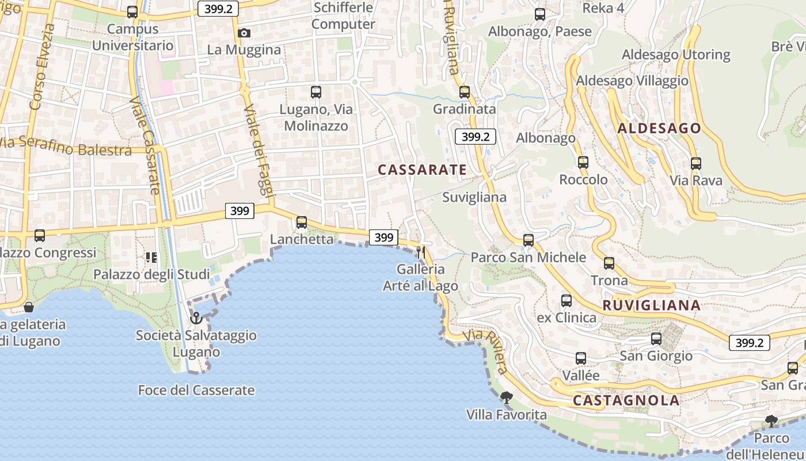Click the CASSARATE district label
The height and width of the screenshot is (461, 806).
tap(422, 169)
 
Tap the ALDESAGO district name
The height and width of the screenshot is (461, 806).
tap(659, 129)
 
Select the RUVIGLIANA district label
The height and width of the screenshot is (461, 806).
tap(651, 305)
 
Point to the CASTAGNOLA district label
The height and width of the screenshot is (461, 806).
tap(626, 400)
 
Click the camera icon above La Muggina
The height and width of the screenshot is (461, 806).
tap(244, 33)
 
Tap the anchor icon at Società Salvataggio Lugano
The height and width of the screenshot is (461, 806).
tap(196, 318)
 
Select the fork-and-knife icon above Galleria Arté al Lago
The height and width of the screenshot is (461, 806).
tap(421, 252)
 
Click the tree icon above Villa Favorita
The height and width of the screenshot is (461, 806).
tap(506, 397)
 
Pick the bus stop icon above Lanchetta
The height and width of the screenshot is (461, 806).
tap(301, 222)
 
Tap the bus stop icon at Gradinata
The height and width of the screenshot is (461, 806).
tap(465, 92)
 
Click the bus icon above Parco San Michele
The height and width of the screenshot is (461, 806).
tap(529, 240)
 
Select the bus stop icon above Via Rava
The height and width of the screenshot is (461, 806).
tap(696, 163)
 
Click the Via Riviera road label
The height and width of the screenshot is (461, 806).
tap(489, 352)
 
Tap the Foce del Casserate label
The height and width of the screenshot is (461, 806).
tap(196, 390)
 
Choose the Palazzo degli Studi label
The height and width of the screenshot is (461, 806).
tap(152, 274)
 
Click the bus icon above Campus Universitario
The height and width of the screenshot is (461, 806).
tap(132, 12)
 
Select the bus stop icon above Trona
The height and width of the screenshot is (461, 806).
tap(609, 263)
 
